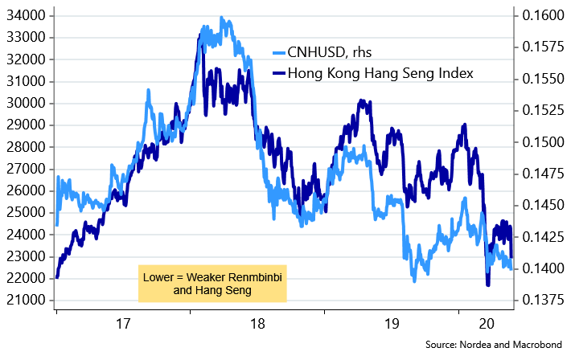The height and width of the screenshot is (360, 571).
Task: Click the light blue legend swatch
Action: pos(279,53)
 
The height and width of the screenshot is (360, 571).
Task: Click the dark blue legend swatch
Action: pos(279,73)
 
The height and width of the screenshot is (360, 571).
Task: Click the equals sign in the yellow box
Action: pos(182,277)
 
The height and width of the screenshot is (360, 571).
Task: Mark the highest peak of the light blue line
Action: pos(223,18)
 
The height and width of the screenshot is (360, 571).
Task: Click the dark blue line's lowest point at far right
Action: pos(487,284)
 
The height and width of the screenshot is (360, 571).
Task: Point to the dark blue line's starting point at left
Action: pos(56,277)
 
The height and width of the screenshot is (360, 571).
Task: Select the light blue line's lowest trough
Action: pos(414,280)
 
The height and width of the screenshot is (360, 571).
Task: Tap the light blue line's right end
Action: pos(512,268)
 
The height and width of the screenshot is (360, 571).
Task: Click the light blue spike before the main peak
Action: pos(149,92)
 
